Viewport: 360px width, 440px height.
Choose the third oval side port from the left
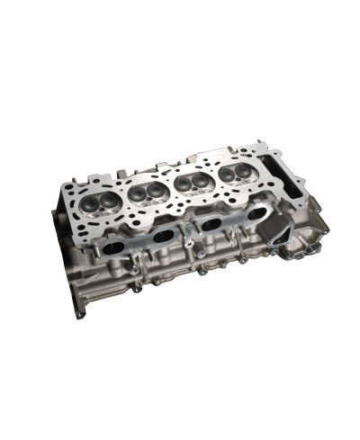[212, 225]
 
